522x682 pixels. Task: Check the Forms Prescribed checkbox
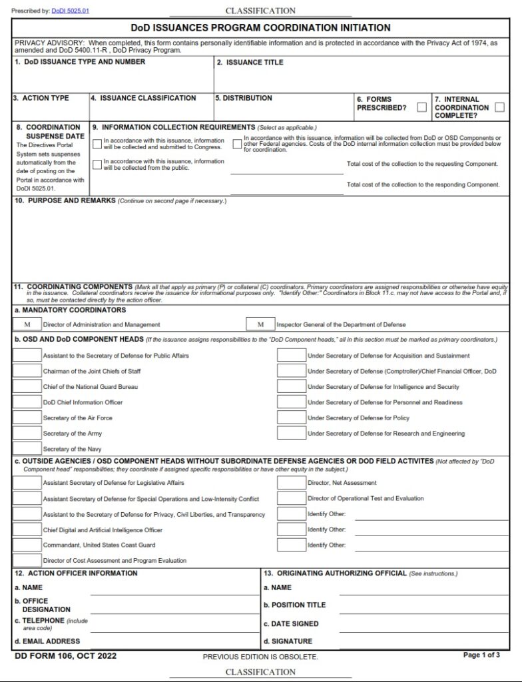(421, 107)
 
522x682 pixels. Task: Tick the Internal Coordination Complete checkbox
(499, 107)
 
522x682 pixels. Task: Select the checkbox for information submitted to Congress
(97, 143)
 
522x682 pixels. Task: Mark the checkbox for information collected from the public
(97, 164)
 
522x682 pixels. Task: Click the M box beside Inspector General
(260, 324)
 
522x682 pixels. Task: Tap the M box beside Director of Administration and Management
(27, 324)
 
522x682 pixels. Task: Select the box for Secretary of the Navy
(27, 449)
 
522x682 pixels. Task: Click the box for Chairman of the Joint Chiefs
(27, 371)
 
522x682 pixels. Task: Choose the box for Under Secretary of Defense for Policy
(291, 418)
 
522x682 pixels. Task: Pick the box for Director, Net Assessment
(291, 482)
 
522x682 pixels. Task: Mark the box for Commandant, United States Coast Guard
(27, 545)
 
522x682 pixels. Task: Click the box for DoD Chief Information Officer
(27, 402)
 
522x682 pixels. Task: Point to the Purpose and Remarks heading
(65, 200)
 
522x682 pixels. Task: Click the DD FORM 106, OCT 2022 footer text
(65, 656)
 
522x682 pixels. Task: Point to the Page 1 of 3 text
(481, 655)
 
